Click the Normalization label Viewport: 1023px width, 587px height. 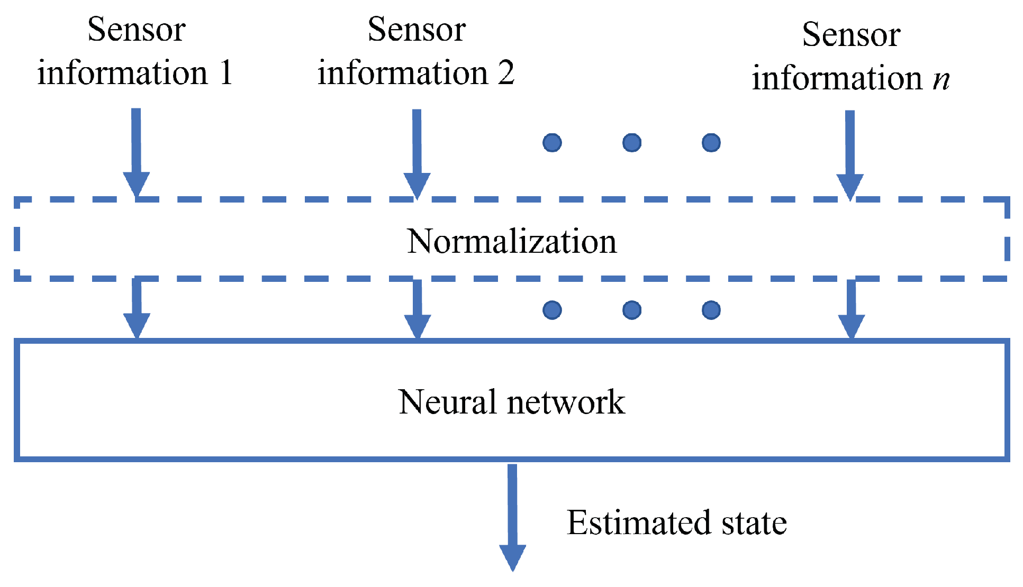click(x=511, y=242)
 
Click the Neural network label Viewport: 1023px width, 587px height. click(x=511, y=402)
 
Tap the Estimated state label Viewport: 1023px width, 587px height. click(x=676, y=523)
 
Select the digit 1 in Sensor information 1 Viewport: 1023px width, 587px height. click(x=226, y=72)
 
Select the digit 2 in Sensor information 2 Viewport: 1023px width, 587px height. click(x=506, y=72)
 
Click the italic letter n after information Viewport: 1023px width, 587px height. click(x=941, y=79)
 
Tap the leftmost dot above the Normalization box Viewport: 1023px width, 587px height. click(x=552, y=143)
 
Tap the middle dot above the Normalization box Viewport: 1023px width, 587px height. click(x=632, y=143)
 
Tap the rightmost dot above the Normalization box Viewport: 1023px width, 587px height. click(x=711, y=143)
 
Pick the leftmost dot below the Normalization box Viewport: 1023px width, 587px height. click(x=552, y=310)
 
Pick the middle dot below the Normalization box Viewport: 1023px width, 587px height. click(x=632, y=310)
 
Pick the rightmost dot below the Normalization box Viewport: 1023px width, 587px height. click(x=711, y=310)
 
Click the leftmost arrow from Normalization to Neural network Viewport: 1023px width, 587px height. click(x=137, y=309)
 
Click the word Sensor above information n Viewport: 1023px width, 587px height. click(x=851, y=35)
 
